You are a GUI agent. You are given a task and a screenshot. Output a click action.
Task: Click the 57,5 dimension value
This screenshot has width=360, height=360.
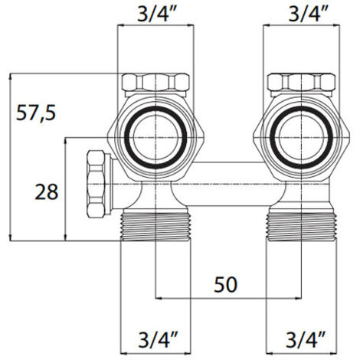(36, 113)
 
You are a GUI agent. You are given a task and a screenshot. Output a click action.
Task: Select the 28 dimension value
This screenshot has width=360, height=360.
(47, 192)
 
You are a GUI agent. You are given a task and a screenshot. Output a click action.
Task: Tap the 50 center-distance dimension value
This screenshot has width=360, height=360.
(225, 284)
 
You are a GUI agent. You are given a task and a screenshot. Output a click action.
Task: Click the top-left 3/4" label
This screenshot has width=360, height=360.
(157, 14)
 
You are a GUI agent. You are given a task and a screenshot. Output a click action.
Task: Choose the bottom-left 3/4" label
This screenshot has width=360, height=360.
(158, 339)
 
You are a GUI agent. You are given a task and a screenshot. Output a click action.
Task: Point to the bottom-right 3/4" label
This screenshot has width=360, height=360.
(306, 339)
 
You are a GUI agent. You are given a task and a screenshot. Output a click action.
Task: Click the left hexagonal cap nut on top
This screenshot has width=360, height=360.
(155, 82)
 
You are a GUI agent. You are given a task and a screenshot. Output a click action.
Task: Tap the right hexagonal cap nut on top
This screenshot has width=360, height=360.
(301, 82)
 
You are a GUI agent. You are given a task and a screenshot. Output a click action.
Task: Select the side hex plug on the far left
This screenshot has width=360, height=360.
(96, 184)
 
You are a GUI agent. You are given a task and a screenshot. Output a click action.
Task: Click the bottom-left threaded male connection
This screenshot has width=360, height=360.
(155, 227)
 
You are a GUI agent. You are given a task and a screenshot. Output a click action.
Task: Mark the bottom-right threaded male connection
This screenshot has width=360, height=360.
(302, 227)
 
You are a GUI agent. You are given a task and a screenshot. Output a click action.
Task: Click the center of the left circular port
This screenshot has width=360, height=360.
(155, 138)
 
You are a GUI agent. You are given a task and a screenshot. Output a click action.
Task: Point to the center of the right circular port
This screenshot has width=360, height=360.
(302, 138)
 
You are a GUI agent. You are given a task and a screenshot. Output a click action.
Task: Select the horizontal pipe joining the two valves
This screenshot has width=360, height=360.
(230, 184)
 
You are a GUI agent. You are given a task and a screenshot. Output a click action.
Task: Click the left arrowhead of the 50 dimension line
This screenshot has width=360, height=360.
(159, 298)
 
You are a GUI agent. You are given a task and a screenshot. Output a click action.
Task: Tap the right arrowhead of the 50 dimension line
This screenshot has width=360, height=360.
(299, 298)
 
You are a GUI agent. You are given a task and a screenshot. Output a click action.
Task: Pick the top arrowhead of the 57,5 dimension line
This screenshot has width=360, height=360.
(10, 77)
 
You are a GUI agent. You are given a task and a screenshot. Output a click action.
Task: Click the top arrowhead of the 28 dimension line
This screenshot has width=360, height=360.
(66, 141)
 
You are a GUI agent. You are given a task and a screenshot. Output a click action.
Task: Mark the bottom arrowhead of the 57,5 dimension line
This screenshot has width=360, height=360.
(10, 237)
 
